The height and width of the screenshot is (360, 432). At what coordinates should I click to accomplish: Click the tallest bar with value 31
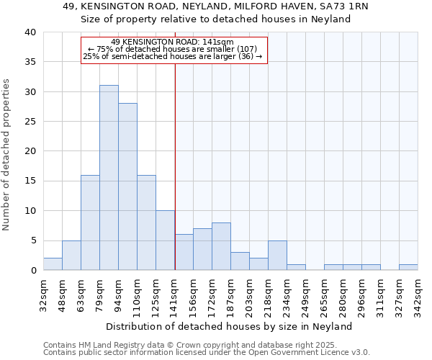tap(109, 178)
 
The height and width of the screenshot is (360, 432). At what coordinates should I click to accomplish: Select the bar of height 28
tap(127, 186)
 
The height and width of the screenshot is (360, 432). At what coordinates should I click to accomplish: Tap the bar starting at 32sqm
tap(53, 264)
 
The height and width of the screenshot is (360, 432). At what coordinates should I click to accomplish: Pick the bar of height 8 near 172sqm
tap(221, 246)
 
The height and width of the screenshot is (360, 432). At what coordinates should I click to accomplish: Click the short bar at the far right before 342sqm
tap(408, 267)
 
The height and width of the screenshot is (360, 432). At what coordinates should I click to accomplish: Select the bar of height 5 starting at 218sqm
tap(277, 255)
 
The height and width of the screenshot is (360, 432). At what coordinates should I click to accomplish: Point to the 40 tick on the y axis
tap(30, 32)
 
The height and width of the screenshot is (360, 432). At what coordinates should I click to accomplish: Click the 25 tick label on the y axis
tap(30, 122)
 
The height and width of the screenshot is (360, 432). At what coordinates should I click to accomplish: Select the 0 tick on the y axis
tap(33, 270)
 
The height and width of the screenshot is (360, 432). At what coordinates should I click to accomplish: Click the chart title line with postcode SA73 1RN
tap(215, 6)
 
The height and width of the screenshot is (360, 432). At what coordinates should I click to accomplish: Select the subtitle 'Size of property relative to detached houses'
tap(215, 19)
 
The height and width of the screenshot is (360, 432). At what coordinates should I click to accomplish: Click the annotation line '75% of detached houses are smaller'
tap(172, 49)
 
